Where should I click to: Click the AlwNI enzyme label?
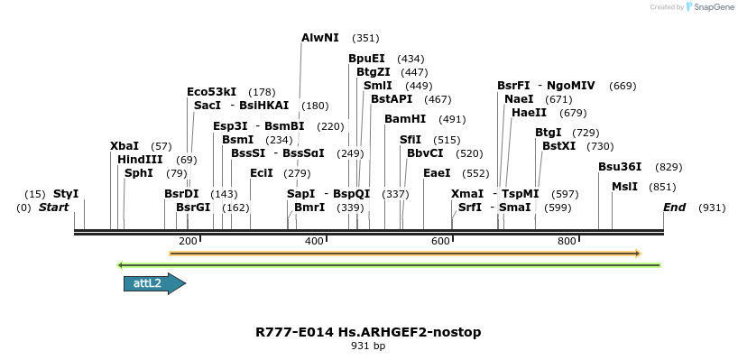(x=320, y=38)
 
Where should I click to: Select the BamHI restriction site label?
(x=405, y=119)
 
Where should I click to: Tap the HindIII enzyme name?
(x=140, y=160)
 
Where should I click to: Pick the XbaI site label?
(x=125, y=146)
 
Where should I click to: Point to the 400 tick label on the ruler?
(x=315, y=242)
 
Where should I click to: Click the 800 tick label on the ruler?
(x=567, y=242)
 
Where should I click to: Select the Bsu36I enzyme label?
(x=621, y=167)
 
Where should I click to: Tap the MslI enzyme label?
(x=624, y=187)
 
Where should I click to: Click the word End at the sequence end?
(x=674, y=208)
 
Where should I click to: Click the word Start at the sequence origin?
(x=54, y=208)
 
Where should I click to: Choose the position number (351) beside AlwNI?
(x=365, y=38)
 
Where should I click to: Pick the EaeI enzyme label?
(x=437, y=173)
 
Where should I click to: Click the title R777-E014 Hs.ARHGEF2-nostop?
(x=368, y=332)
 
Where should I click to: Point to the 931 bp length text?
(x=368, y=346)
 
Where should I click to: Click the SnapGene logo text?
(x=713, y=7)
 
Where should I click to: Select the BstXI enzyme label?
(x=558, y=146)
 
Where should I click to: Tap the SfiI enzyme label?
(x=411, y=140)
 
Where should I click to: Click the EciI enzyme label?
(x=261, y=173)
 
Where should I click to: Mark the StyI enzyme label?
(x=66, y=194)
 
